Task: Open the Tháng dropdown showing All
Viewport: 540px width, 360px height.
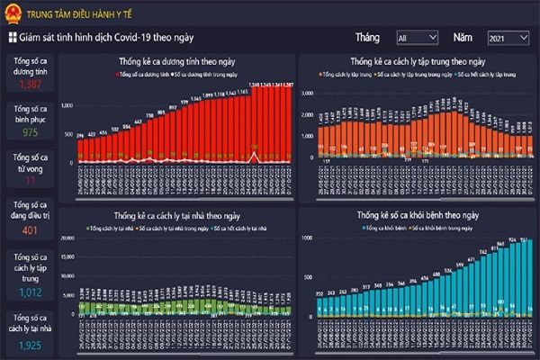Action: click(x=417, y=38)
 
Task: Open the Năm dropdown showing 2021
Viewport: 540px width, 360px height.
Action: click(x=508, y=38)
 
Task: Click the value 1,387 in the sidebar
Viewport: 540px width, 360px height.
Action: click(x=30, y=84)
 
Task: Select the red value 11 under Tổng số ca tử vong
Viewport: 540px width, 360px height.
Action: click(x=30, y=181)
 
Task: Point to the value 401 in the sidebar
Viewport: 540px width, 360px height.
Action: click(x=30, y=230)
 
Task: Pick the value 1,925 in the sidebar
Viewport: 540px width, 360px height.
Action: click(x=30, y=345)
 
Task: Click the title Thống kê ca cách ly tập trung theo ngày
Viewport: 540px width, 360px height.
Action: click(x=418, y=61)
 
